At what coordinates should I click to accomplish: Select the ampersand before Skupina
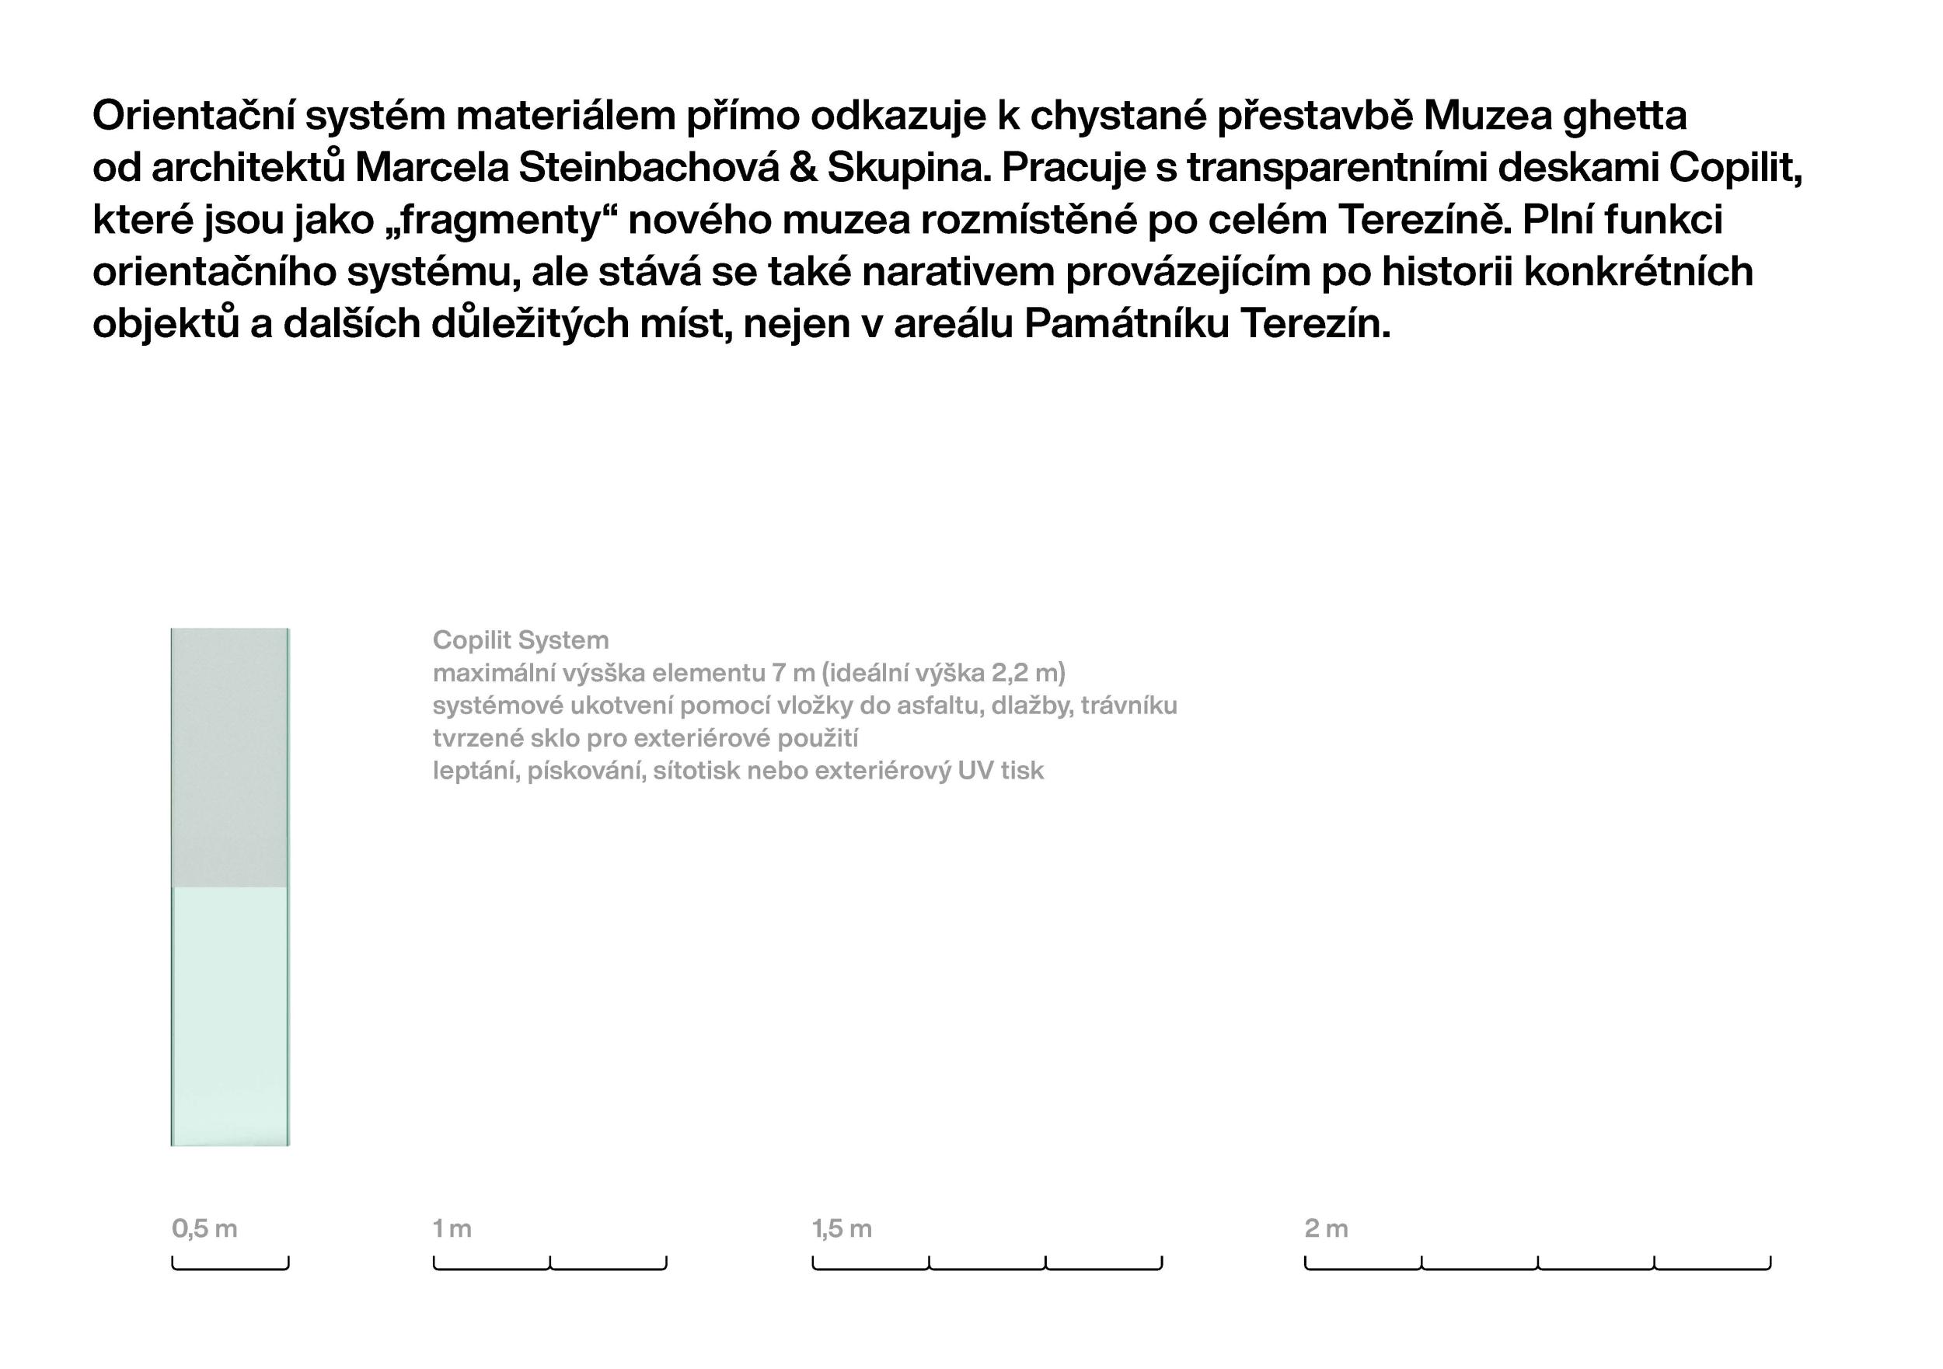pyautogui.click(x=802, y=169)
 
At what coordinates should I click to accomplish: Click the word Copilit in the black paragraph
pyautogui.click(x=1734, y=169)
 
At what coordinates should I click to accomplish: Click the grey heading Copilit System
pyautogui.click(x=521, y=639)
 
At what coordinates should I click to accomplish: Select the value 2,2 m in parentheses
pyautogui.click(x=1026, y=673)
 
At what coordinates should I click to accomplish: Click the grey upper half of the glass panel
pyautogui.click(x=229, y=757)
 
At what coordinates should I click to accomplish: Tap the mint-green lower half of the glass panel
pyautogui.click(x=229, y=1015)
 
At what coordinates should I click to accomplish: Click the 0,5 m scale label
pyautogui.click(x=204, y=1228)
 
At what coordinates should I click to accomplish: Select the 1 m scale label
pyautogui.click(x=452, y=1228)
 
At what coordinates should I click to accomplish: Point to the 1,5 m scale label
pyautogui.click(x=841, y=1228)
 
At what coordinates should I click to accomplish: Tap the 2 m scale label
pyautogui.click(x=1325, y=1228)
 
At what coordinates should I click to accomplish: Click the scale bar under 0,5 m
pyautogui.click(x=230, y=1267)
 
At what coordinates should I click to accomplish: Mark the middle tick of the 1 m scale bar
pyautogui.click(x=550, y=1263)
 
